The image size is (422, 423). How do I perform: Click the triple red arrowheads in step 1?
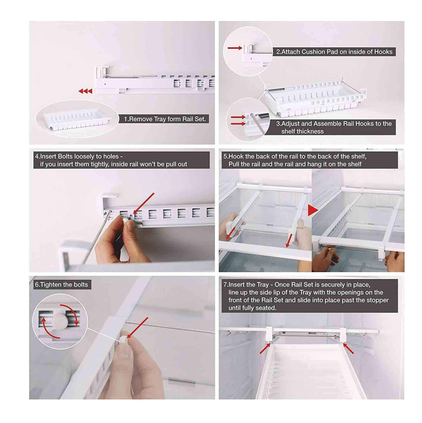pos(85,91)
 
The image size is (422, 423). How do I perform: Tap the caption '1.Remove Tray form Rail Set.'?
pos(165,119)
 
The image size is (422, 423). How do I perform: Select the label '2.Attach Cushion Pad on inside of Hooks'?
pos(334,52)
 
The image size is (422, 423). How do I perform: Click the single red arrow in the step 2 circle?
pos(235,48)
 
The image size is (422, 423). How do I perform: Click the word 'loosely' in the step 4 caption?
pos(84,156)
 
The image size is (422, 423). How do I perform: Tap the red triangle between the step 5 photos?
pos(312,210)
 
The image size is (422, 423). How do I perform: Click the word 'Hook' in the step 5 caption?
pos(236,156)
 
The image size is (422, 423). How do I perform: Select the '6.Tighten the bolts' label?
pos(62,285)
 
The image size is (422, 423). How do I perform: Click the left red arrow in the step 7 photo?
pos(264,349)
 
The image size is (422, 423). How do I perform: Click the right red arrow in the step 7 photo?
pos(348,349)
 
